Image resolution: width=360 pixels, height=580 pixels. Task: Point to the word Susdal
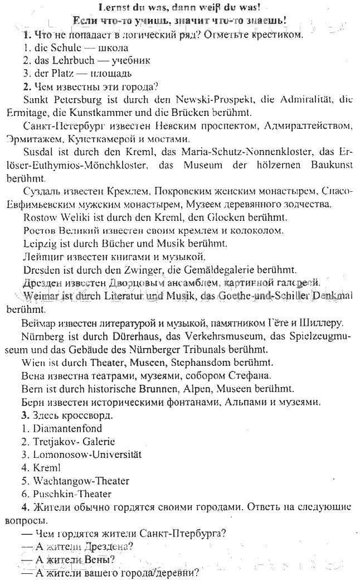pos(39,152)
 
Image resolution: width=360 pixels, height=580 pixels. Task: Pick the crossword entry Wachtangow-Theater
pos(81,481)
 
